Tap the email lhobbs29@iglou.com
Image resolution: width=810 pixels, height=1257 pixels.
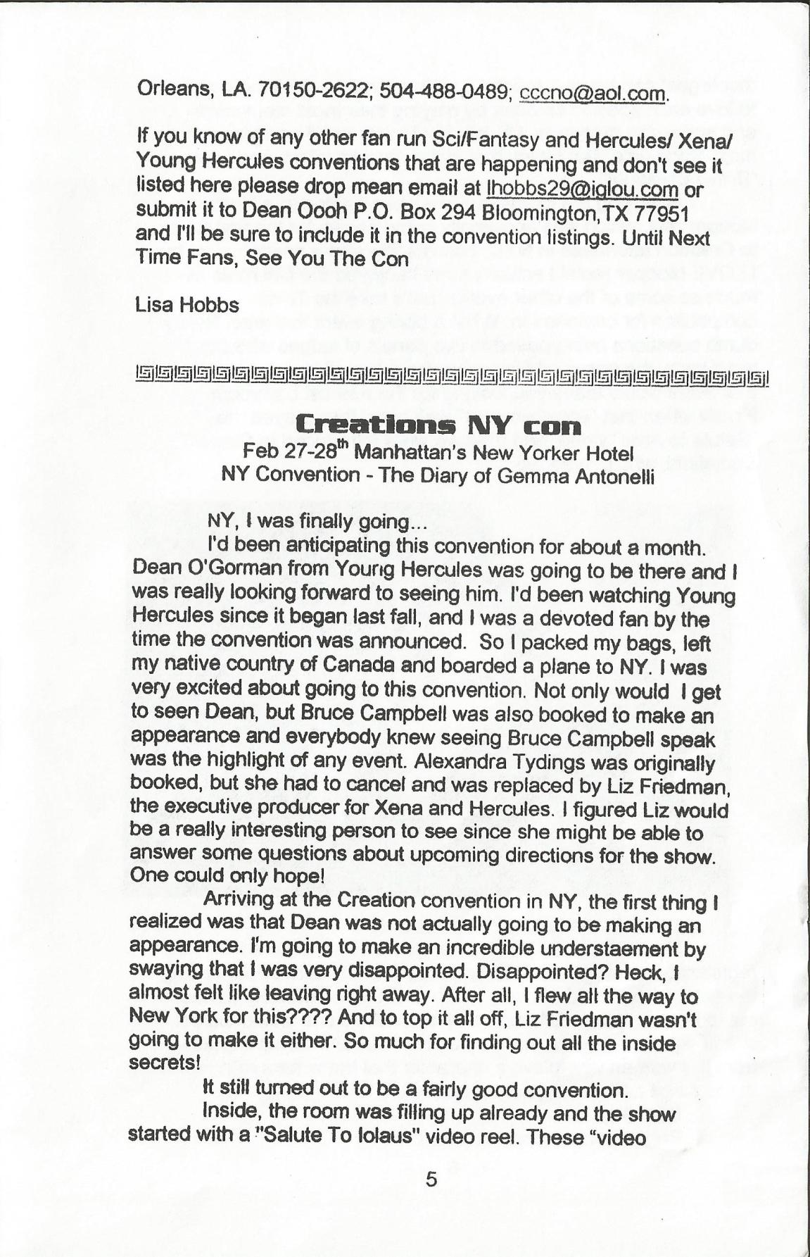pyautogui.click(x=582, y=190)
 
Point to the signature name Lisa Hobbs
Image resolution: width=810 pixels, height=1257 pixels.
pyautogui.click(x=186, y=305)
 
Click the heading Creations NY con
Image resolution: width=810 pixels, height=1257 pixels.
pyautogui.click(x=439, y=425)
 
